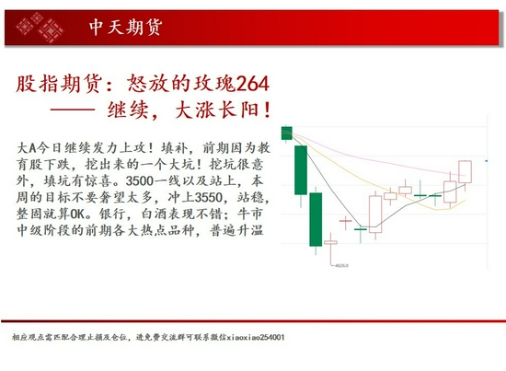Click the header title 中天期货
[x=127, y=28]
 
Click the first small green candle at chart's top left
[x=287, y=133]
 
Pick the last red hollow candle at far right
[x=464, y=172]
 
